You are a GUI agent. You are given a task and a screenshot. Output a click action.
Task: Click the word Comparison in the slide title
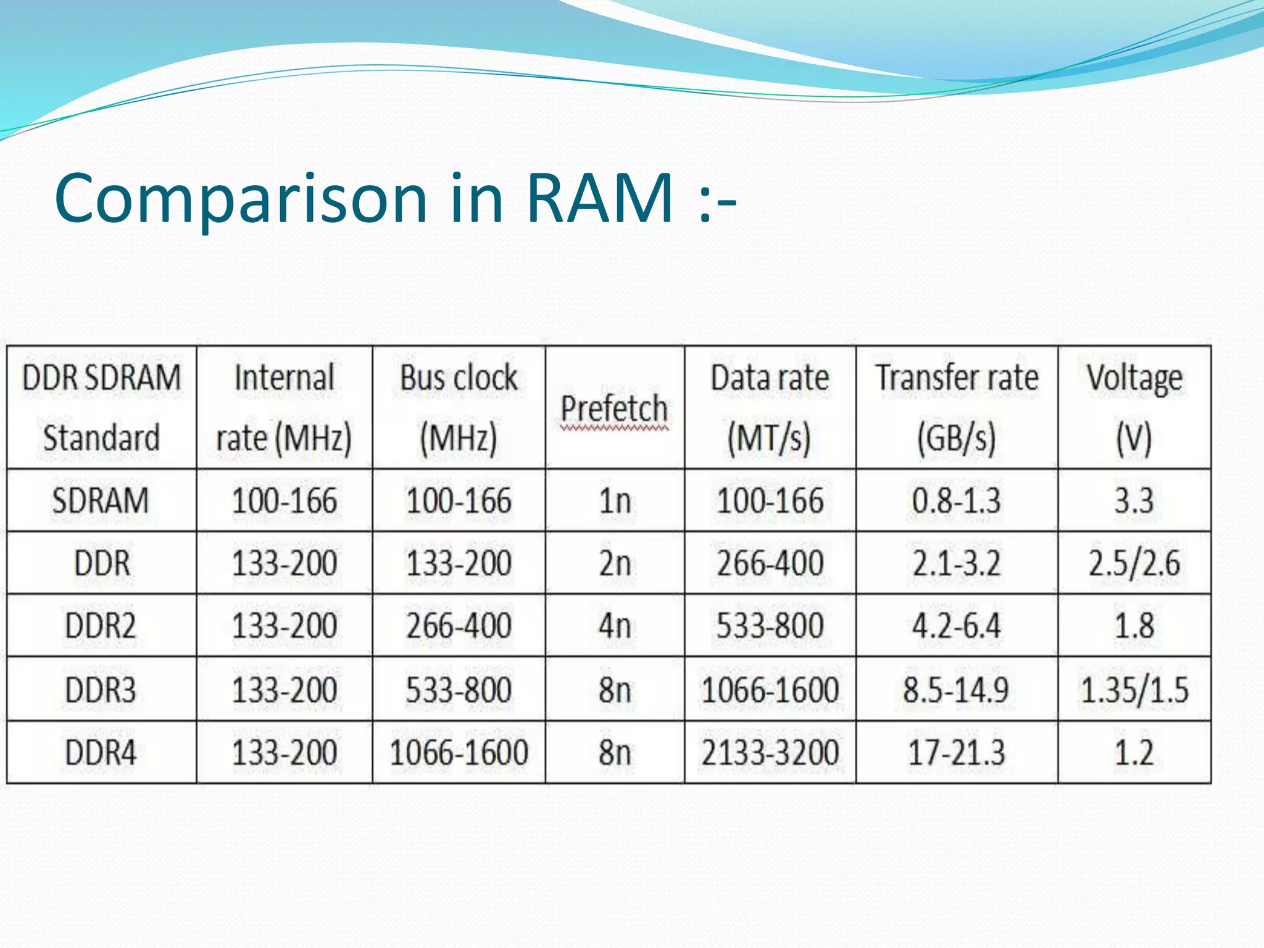(x=241, y=199)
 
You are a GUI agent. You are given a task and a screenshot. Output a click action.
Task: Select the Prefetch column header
(x=614, y=409)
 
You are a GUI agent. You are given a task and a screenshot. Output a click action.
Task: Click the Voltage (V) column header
(x=1134, y=407)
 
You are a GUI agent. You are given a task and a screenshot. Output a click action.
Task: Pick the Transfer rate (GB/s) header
(x=957, y=407)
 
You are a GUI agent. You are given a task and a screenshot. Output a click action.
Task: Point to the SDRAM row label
(x=101, y=501)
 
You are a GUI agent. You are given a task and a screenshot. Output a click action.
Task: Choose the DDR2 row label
(x=101, y=626)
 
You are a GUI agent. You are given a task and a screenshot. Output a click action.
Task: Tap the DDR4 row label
(x=101, y=753)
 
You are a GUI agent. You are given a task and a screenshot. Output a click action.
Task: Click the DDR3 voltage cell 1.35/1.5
(x=1134, y=689)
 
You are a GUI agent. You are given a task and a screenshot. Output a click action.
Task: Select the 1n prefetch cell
(x=615, y=501)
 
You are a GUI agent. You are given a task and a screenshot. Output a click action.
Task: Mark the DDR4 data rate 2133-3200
(x=770, y=753)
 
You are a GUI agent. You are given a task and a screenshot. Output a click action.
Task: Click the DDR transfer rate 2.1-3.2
(x=957, y=563)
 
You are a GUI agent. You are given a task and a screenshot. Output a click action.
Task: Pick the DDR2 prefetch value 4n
(x=615, y=626)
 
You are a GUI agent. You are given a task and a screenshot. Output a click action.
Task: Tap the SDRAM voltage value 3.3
(x=1134, y=501)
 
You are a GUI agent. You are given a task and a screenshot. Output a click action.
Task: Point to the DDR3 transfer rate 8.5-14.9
(x=957, y=689)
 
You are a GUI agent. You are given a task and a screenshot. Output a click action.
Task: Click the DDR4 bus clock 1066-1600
(x=459, y=753)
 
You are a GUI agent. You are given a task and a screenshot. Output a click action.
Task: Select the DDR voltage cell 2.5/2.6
(x=1134, y=563)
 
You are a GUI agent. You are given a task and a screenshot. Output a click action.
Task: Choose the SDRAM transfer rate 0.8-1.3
(x=957, y=501)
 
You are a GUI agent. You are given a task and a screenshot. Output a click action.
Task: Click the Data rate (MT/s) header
(x=770, y=407)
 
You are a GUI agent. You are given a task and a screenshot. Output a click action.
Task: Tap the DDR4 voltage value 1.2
(x=1134, y=753)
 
